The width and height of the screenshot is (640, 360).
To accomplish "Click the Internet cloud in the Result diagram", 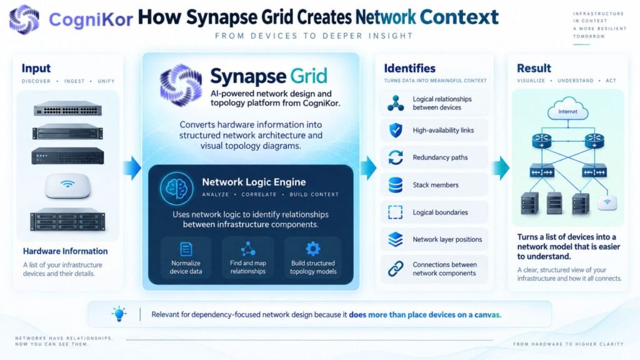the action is point(567,108).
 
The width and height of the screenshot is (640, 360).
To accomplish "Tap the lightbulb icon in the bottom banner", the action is point(119,314).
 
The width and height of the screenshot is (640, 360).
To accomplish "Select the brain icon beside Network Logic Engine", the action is point(176,189).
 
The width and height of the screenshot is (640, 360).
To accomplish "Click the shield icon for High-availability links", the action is point(396,130).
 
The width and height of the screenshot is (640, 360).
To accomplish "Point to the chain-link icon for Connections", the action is point(396,269).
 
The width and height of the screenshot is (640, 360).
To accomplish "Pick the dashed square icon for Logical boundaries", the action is point(395,212).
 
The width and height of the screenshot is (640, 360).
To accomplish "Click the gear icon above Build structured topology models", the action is point(313,248).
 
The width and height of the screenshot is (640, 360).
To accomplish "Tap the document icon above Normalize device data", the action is point(186,249).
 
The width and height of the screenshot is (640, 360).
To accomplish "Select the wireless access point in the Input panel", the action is point(67,186).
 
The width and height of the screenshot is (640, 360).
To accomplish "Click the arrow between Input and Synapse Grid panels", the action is point(132,167).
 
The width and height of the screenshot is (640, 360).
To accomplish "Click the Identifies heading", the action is point(410,68).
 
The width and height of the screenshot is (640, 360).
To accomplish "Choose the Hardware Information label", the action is point(65,251).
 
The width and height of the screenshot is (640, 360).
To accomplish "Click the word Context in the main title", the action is point(459,17).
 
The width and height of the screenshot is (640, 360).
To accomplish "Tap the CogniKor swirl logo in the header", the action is point(24,19).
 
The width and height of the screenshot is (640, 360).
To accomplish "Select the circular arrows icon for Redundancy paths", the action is point(396,157).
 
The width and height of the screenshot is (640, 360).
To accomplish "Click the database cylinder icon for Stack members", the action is point(396,185).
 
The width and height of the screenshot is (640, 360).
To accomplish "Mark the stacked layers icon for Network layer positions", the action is point(396,239).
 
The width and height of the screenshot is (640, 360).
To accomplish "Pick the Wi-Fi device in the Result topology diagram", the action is point(607,202).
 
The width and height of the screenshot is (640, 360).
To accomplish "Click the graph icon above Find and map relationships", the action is point(247,248).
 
